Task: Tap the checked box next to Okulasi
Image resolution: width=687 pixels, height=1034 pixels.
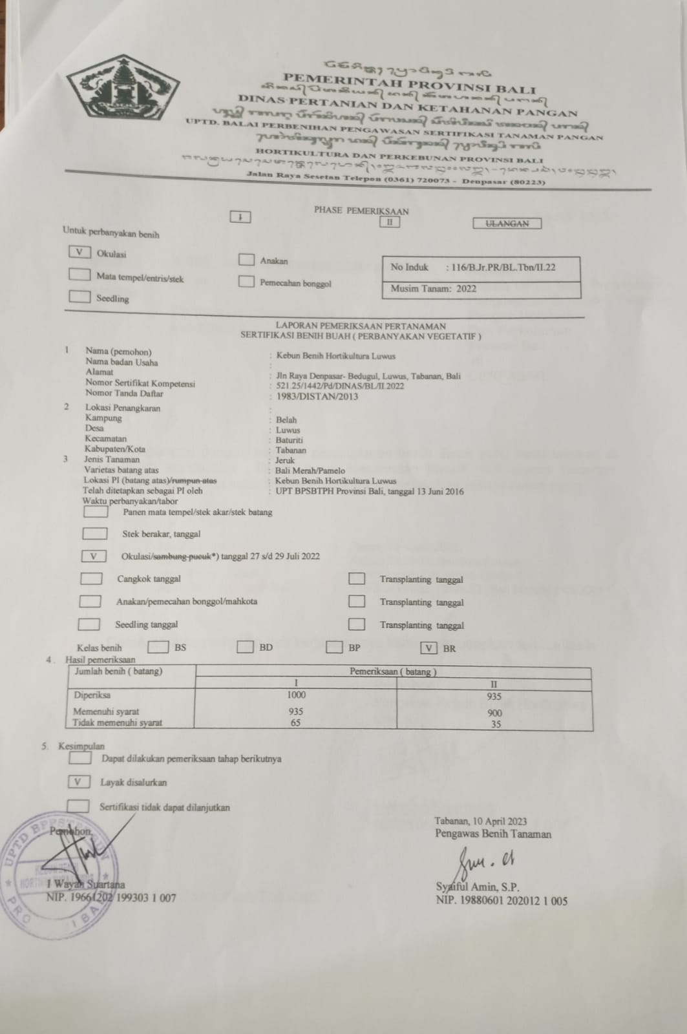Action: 79,253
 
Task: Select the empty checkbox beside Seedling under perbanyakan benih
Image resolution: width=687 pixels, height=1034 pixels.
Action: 79,297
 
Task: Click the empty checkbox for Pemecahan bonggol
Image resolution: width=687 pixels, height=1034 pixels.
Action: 246,282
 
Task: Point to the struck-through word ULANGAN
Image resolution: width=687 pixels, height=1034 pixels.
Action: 507,224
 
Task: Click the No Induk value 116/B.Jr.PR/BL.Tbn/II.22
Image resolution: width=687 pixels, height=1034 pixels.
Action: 501,267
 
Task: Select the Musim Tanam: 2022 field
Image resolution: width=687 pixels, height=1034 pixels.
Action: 433,289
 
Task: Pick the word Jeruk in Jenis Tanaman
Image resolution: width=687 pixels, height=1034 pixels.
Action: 285,460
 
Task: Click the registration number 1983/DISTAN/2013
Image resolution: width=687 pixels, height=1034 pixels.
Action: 308,396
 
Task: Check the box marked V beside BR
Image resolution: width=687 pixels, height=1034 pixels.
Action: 429,648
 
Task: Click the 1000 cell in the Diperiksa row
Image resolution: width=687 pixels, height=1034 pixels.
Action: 296,695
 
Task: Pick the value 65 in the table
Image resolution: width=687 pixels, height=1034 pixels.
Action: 295,723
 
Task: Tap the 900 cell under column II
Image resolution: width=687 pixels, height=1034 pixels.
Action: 495,713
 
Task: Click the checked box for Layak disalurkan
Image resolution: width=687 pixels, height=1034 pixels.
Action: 79,782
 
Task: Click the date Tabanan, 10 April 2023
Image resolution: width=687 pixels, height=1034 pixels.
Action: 480,821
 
